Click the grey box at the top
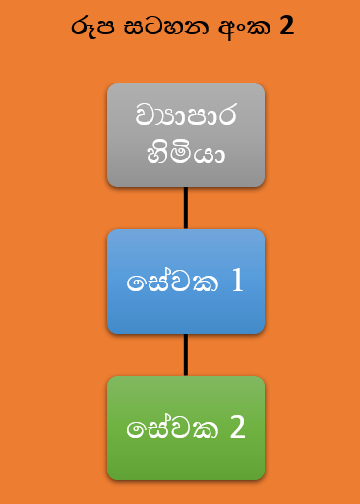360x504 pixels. point(186,135)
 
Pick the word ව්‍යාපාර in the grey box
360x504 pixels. point(186,116)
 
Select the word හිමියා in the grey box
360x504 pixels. point(186,155)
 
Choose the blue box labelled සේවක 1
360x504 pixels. point(186,282)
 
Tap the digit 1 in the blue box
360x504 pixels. point(236,282)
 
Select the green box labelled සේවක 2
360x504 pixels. point(186,428)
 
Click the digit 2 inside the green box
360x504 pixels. point(237,428)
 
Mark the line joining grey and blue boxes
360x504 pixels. point(186,208)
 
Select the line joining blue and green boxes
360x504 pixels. point(186,354)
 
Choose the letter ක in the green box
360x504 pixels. point(202,430)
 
